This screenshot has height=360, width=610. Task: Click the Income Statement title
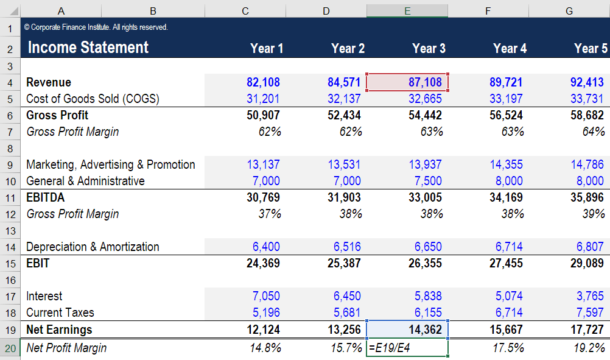pos(88,48)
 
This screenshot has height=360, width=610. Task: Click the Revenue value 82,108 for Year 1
pos(263,82)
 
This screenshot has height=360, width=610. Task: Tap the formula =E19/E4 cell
pos(407,348)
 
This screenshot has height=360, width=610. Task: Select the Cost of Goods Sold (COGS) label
pos(93,99)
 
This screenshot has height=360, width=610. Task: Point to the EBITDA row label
pos(46,197)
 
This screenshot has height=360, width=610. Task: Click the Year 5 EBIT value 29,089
pos(586,263)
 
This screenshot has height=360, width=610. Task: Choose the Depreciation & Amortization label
pos(93,247)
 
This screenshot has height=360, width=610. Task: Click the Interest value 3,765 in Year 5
pos(589,296)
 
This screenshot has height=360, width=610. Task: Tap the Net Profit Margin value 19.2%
pos(589,348)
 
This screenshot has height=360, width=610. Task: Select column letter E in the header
pos(407,10)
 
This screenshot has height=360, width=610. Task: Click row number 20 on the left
pos(10,348)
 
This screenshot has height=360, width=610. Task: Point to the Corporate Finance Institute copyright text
pos(96,27)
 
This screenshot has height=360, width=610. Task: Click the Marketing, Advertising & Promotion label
pos(111,164)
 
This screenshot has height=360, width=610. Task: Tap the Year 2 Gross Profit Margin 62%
pos(351,132)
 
